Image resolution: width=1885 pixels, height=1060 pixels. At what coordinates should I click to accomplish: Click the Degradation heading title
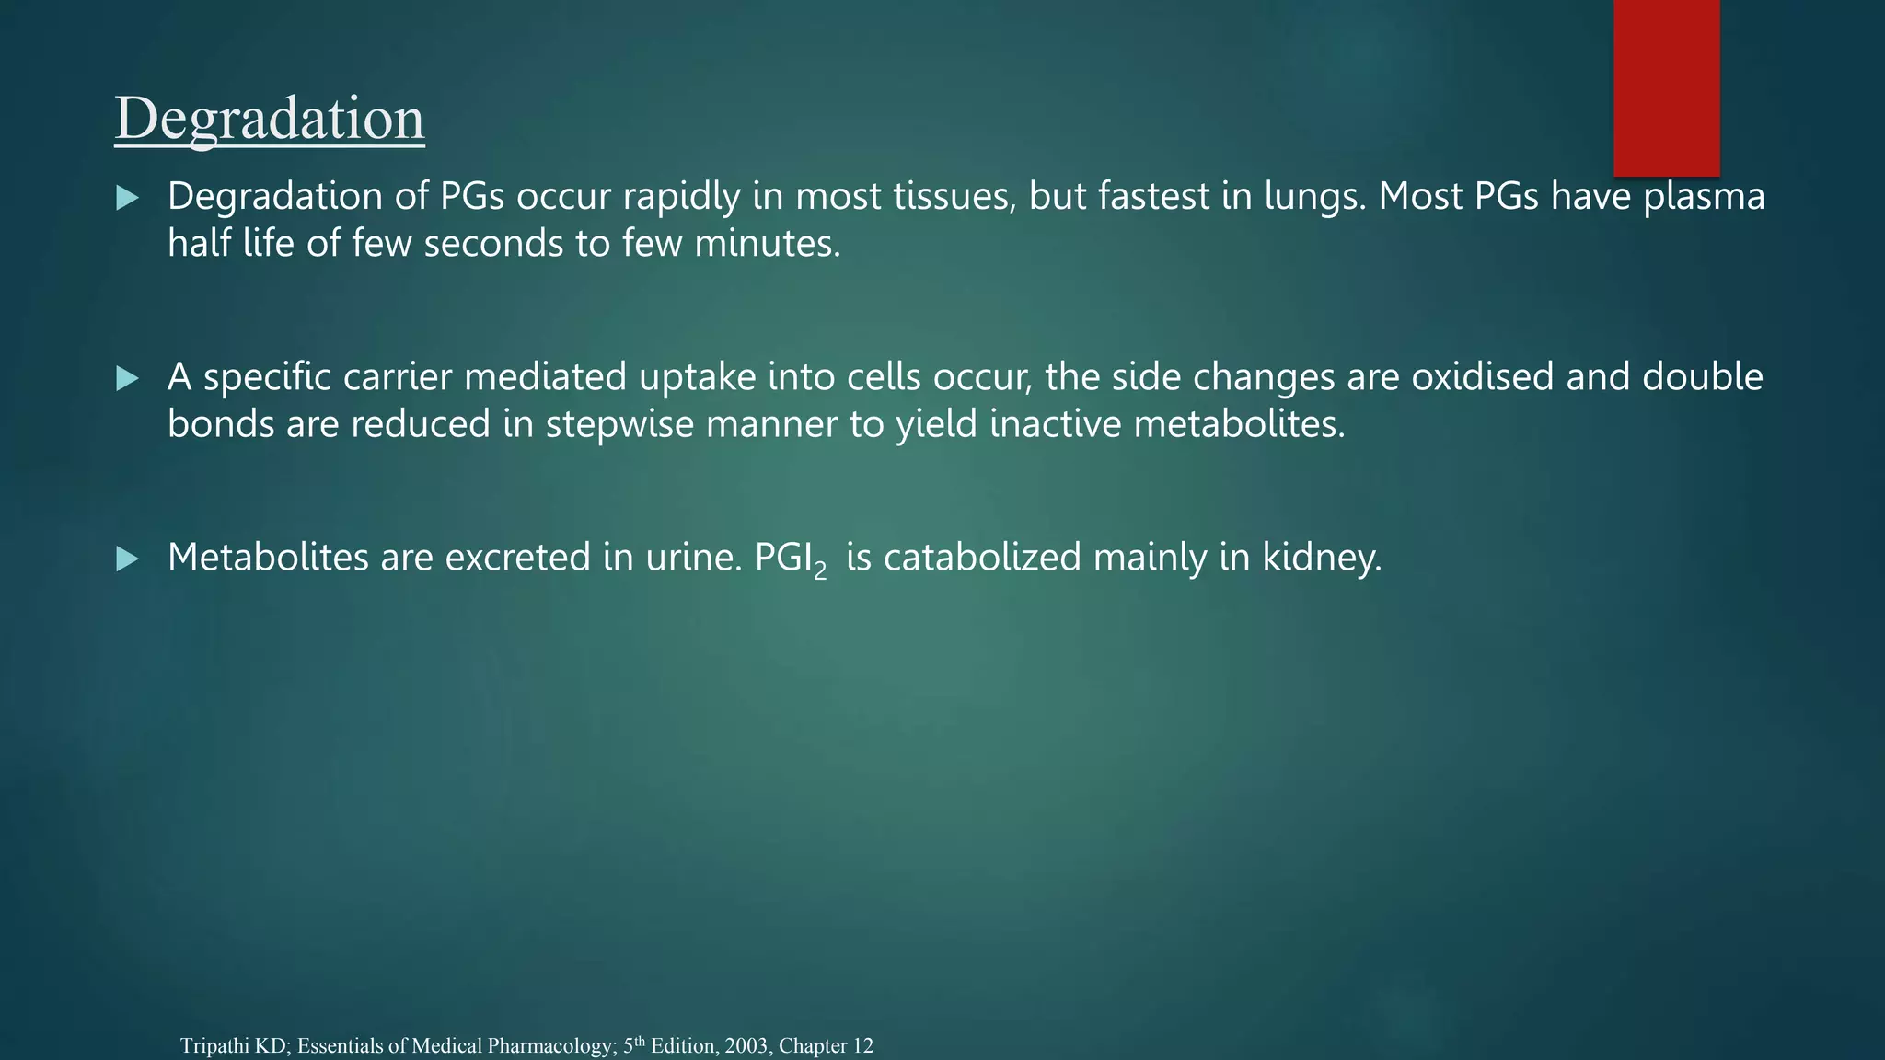pyautogui.click(x=270, y=119)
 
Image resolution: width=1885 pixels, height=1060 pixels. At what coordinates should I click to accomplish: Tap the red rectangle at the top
pyautogui.click(x=1666, y=87)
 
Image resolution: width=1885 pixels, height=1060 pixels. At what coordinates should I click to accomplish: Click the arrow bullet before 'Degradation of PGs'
pyautogui.click(x=128, y=198)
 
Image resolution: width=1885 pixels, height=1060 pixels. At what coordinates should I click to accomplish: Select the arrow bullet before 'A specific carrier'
pyautogui.click(x=128, y=378)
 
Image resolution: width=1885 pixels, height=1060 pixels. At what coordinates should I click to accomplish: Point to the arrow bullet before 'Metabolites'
pyautogui.click(x=128, y=559)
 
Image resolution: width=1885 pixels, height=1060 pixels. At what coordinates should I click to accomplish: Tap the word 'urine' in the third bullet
pyautogui.click(x=692, y=558)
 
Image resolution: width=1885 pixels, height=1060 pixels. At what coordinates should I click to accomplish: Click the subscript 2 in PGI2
pyautogui.click(x=820, y=571)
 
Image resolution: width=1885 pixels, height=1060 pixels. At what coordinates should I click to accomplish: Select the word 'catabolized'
pyautogui.click(x=982, y=558)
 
